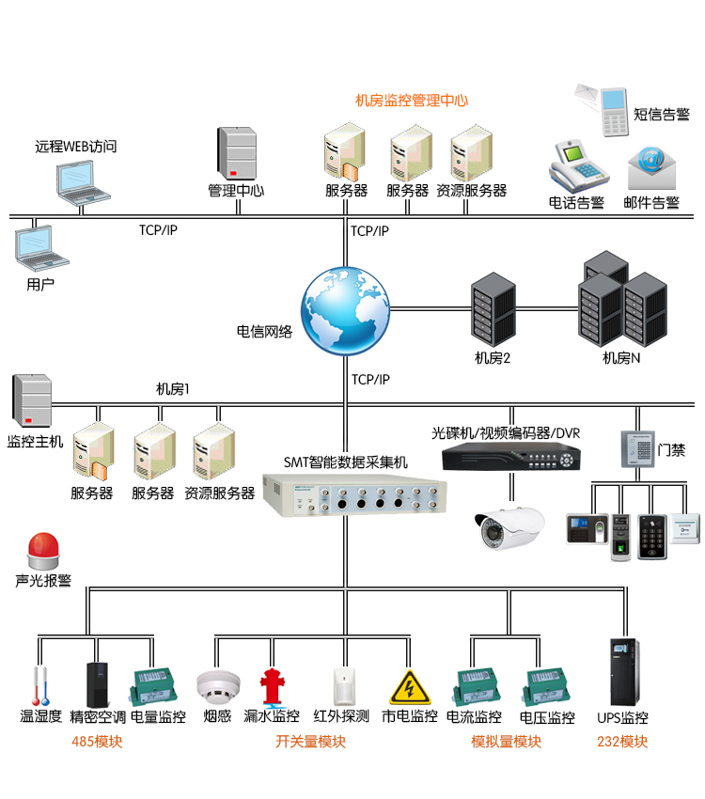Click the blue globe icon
pos(344,311)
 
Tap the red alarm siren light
pos(42,550)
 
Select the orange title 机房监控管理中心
pos(411,101)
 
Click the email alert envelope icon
pos(651,168)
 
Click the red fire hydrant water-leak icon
pos(272,686)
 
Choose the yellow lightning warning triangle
pos(410,687)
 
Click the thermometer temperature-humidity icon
pos(39,686)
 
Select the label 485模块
pos(97,742)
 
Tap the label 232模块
pos(622,742)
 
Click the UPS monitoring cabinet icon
pos(621,673)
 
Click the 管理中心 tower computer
pos(237,153)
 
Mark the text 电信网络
pos(264,332)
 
